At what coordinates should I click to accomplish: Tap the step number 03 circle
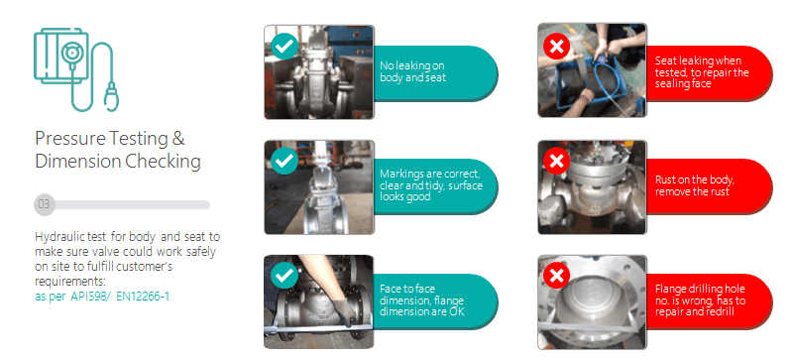(x=44, y=204)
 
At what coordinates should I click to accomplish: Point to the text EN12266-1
(x=143, y=297)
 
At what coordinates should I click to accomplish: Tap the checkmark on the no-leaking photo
(x=284, y=46)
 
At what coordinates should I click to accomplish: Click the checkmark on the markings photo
(x=284, y=161)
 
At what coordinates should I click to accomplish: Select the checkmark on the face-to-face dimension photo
(x=284, y=276)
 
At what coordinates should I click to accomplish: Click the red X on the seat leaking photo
(x=557, y=47)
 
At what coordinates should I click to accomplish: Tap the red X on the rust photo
(x=557, y=161)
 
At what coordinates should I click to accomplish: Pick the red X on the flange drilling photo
(x=557, y=276)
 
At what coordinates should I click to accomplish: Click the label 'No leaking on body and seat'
(x=412, y=71)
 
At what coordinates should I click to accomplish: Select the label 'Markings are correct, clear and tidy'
(x=431, y=184)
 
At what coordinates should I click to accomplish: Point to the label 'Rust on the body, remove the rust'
(x=695, y=185)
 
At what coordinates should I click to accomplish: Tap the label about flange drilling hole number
(x=701, y=300)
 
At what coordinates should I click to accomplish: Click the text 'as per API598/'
(x=72, y=297)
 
